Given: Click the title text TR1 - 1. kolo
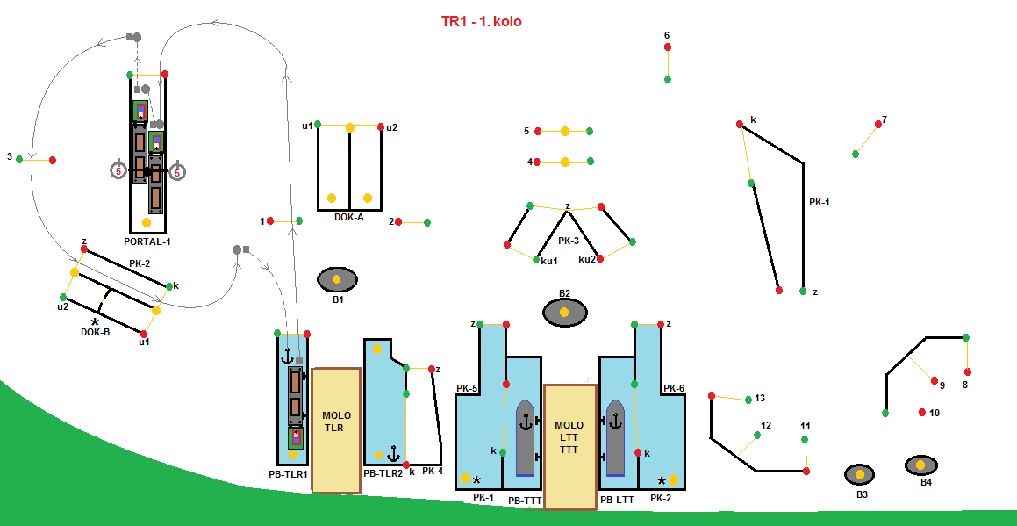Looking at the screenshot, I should [481, 21].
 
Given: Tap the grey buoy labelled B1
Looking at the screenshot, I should [337, 280].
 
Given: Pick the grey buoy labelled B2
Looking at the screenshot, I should [564, 313].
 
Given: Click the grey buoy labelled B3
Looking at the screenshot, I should [860, 475].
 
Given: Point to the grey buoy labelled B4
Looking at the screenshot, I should [920, 465].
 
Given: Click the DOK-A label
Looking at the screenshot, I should [348, 217].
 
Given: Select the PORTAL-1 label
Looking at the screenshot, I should [147, 241].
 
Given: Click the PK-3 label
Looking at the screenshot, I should [569, 241].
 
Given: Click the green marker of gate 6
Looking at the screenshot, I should [668, 79].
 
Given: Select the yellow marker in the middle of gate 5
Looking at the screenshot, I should [565, 132].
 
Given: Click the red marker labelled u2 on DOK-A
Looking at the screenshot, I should [381, 127].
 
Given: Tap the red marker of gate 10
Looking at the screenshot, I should [922, 412].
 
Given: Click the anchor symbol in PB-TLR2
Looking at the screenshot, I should [394, 455].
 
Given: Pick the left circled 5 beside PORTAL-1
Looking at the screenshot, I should [118, 171].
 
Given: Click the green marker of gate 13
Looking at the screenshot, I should [748, 400].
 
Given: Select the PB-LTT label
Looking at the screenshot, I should [618, 499].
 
